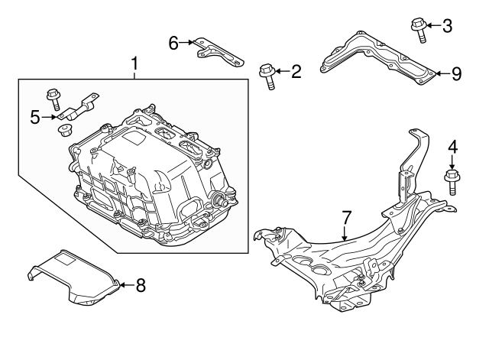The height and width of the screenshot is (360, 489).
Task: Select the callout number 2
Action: click(x=296, y=72)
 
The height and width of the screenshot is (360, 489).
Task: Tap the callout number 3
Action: click(x=447, y=26)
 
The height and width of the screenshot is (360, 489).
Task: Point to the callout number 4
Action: click(x=452, y=145)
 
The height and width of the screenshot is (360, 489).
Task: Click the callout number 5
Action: click(x=34, y=117)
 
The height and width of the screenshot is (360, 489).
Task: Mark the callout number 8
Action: click(x=140, y=286)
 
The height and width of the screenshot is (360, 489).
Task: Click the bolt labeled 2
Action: click(x=267, y=75)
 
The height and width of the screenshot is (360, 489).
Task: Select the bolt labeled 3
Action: click(x=419, y=28)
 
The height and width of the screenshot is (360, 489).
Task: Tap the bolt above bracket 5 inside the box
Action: click(x=54, y=99)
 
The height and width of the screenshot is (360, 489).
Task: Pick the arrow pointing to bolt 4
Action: click(x=452, y=163)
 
